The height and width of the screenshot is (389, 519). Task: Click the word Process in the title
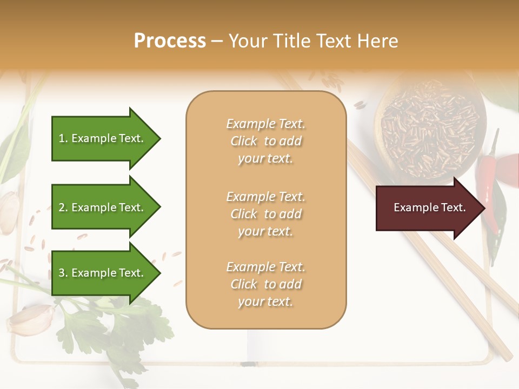point(170,41)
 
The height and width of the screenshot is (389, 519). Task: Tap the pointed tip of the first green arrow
point(159,138)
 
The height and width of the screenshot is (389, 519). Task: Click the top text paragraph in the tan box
point(265,141)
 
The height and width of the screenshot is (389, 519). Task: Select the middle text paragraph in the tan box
point(265,214)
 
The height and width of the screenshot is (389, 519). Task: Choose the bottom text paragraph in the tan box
point(265,284)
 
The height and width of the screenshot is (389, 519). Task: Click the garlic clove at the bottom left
point(31,320)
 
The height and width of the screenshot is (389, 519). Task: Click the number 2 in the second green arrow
point(62,207)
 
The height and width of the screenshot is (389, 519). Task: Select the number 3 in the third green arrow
point(62,273)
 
